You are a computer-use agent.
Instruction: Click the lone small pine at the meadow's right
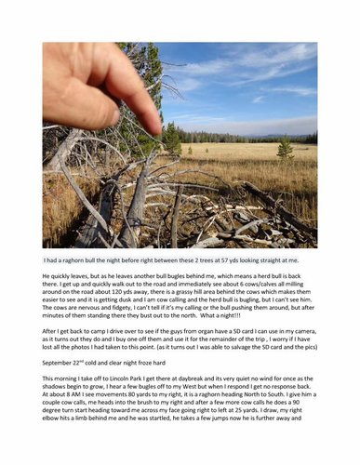pyautogui.click(x=283, y=150)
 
